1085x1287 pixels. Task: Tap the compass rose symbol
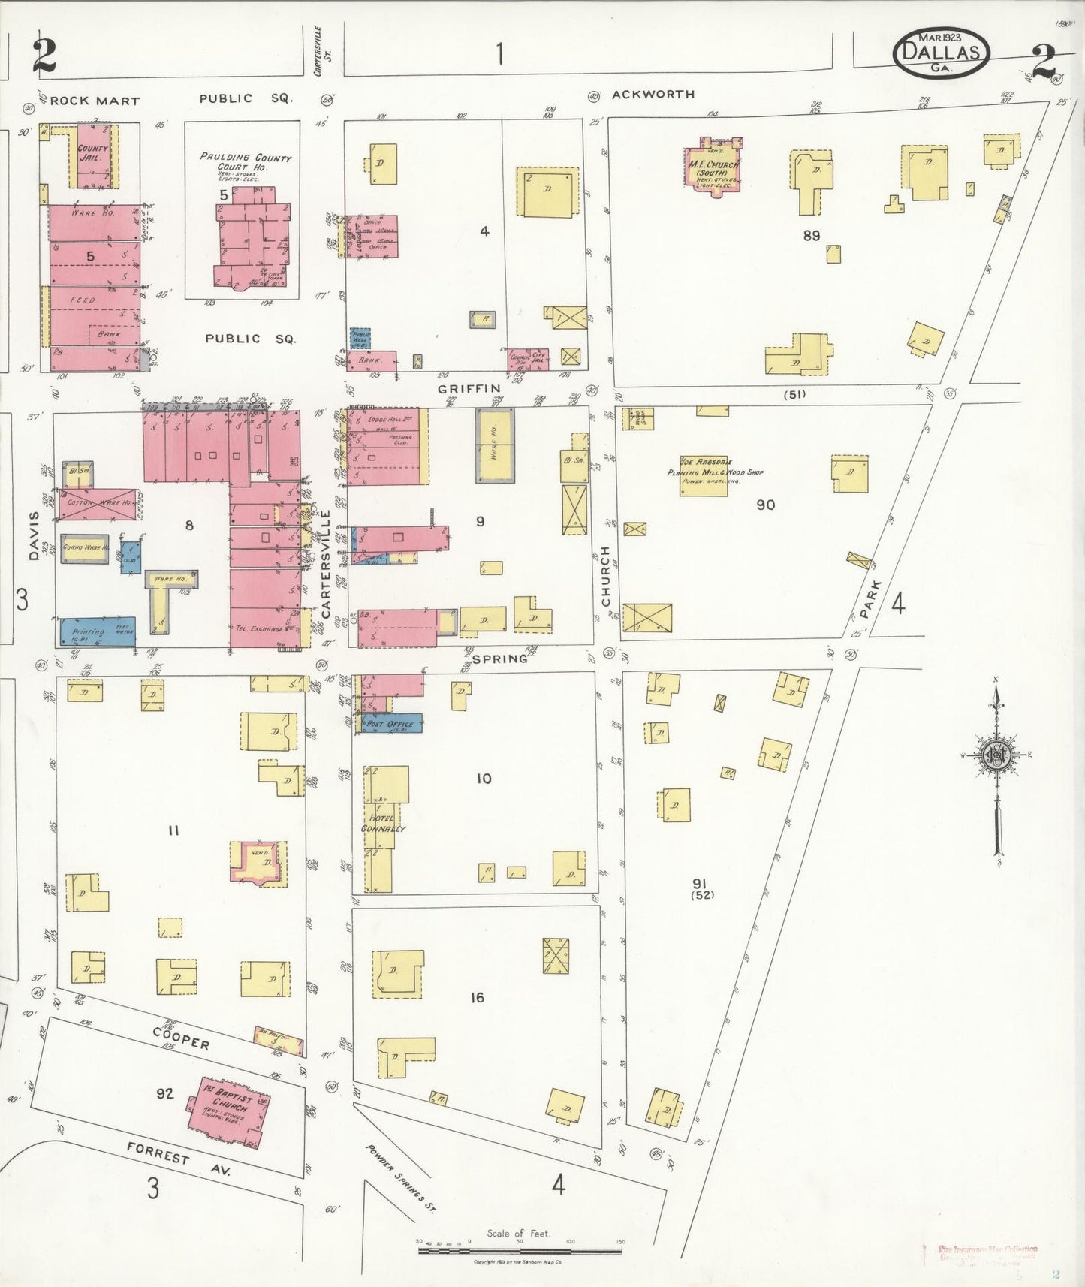point(996,756)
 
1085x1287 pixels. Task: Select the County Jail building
point(94,156)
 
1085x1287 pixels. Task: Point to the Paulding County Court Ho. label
point(245,161)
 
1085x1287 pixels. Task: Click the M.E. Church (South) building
point(713,167)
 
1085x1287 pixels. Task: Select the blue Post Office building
point(393,723)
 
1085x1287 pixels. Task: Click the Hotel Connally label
point(383,823)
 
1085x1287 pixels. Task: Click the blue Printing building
point(95,631)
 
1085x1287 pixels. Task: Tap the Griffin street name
point(469,387)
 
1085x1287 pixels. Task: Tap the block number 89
point(811,235)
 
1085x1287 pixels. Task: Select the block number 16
point(477,997)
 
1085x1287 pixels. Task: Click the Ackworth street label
point(653,94)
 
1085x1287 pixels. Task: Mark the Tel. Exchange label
point(260,628)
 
